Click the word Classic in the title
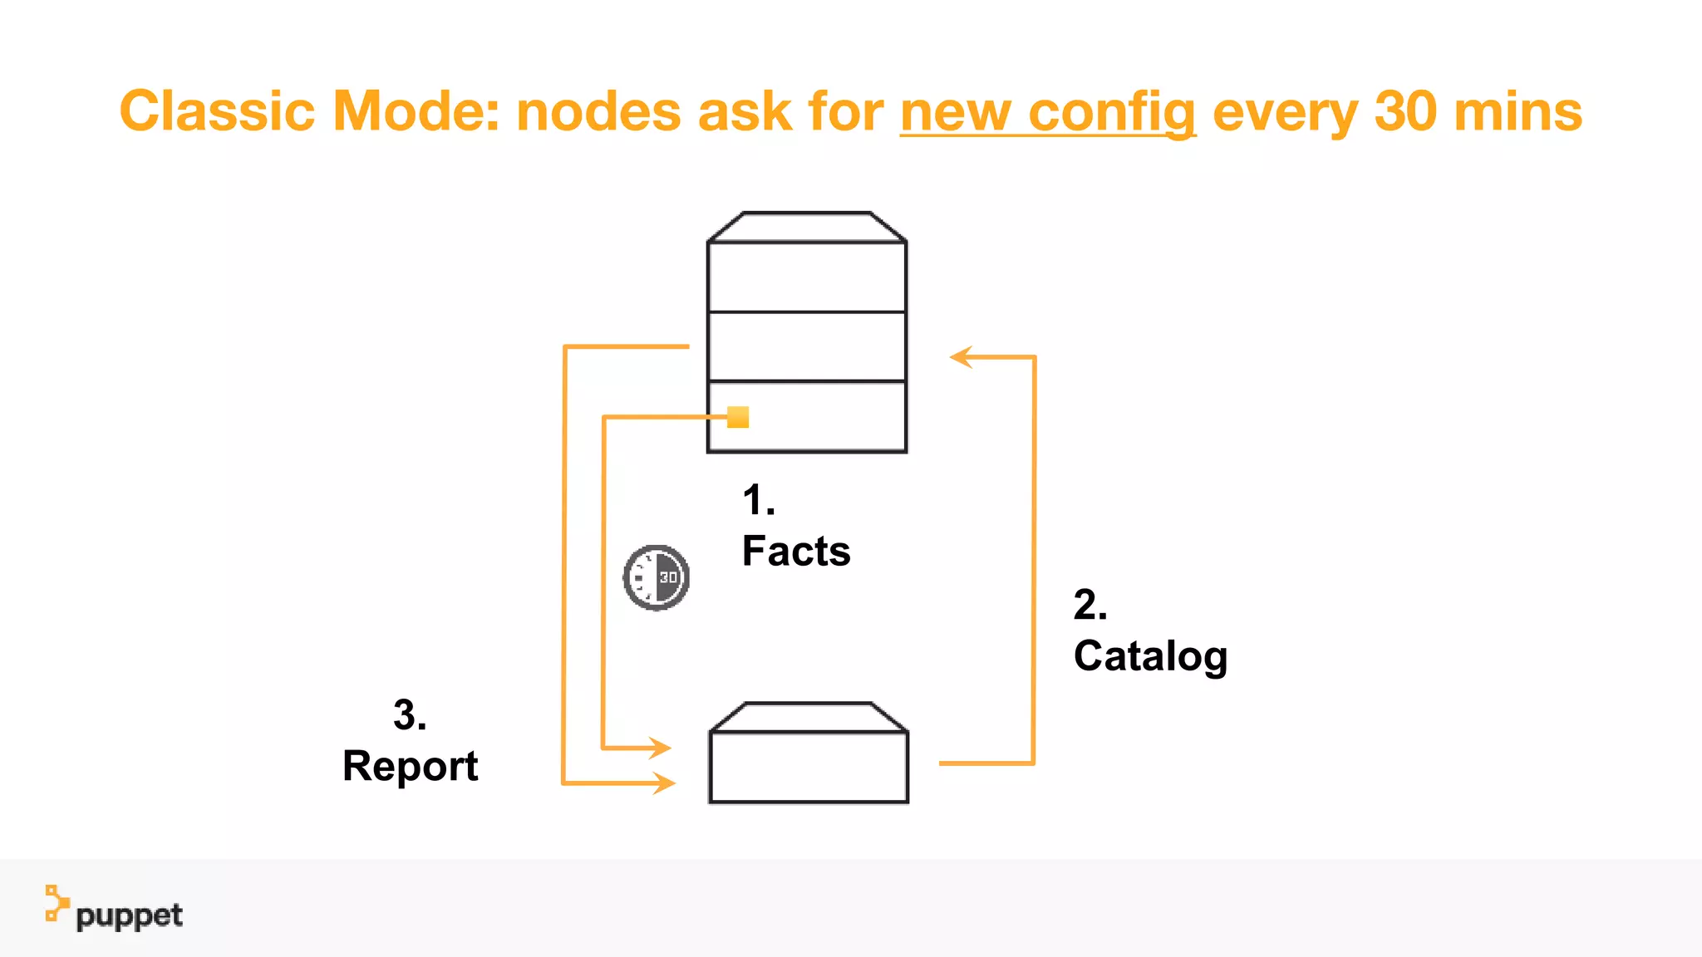click(x=217, y=111)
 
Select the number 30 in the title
click(x=1405, y=111)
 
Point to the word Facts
click(x=795, y=552)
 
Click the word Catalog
click(x=1149, y=656)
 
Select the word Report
click(x=410, y=766)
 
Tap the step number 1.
click(x=757, y=501)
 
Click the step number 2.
click(x=1089, y=605)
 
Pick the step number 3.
click(x=409, y=715)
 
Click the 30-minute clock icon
click(x=657, y=577)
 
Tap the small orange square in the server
click(x=738, y=417)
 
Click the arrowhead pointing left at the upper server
click(x=962, y=357)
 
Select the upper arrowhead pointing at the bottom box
click(x=661, y=748)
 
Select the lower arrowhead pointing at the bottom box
click(x=664, y=783)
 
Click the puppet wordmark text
click(x=129, y=916)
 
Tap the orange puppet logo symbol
click(x=56, y=903)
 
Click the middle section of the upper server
click(x=806, y=346)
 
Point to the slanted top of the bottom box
click(x=808, y=717)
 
